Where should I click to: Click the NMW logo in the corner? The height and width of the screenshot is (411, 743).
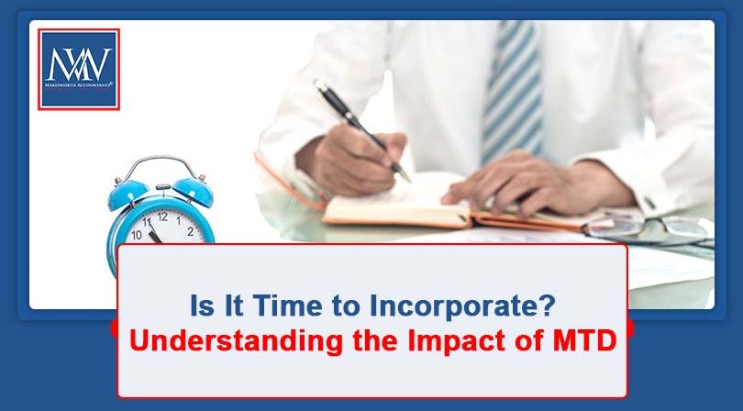(78, 68)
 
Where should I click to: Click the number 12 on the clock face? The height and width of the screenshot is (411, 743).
(162, 217)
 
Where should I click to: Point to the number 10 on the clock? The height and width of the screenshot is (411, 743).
(136, 235)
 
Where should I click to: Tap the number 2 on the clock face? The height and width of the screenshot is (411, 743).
(190, 231)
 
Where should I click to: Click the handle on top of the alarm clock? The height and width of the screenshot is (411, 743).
(161, 166)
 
